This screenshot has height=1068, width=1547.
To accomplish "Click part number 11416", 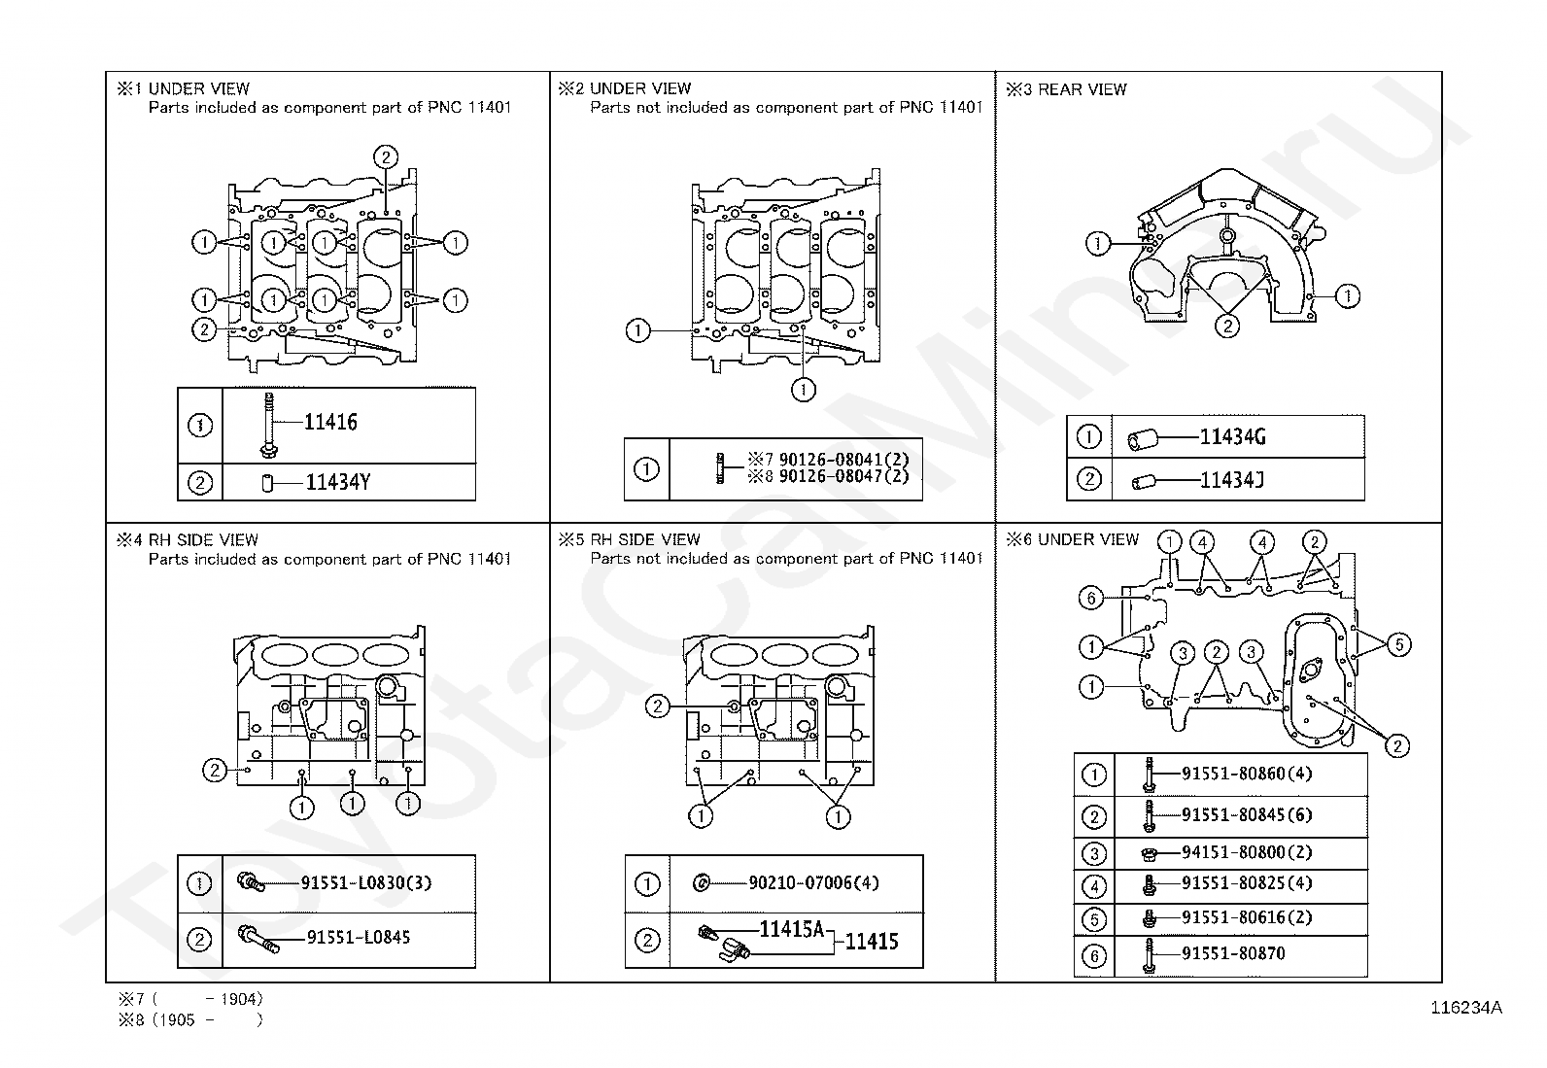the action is pyautogui.click(x=330, y=422).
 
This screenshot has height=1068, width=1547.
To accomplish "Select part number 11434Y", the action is pyautogui.click(x=337, y=481).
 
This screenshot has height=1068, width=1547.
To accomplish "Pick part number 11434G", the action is pyautogui.click(x=1232, y=437).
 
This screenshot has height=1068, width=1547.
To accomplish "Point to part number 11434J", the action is pyautogui.click(x=1231, y=479).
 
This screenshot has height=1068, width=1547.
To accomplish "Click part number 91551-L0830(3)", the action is pyautogui.click(x=365, y=882).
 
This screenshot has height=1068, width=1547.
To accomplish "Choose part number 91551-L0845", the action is pyautogui.click(x=358, y=938).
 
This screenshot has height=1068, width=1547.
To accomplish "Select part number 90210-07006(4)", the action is pyautogui.click(x=813, y=883).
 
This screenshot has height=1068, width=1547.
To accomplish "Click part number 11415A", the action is pyautogui.click(x=791, y=930).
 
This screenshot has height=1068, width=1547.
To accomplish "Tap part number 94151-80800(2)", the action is pyautogui.click(x=1247, y=852).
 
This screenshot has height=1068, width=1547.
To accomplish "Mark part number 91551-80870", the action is pyautogui.click(x=1232, y=953).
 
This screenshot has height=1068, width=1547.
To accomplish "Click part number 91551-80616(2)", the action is pyautogui.click(x=1247, y=918).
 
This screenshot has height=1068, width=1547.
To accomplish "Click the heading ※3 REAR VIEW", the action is pyautogui.click(x=1066, y=89).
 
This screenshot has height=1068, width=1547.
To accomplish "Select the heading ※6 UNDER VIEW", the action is pyautogui.click(x=1072, y=539).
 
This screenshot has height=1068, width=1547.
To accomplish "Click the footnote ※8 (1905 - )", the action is pyautogui.click(x=190, y=1019).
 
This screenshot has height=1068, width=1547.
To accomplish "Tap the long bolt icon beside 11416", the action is pyautogui.click(x=265, y=425).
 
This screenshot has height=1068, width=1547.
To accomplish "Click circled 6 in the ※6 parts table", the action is pyautogui.click(x=1094, y=956).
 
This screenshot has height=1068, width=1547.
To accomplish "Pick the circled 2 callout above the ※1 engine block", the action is pyautogui.click(x=385, y=157).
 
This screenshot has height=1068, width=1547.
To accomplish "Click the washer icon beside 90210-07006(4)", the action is pyautogui.click(x=701, y=883).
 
